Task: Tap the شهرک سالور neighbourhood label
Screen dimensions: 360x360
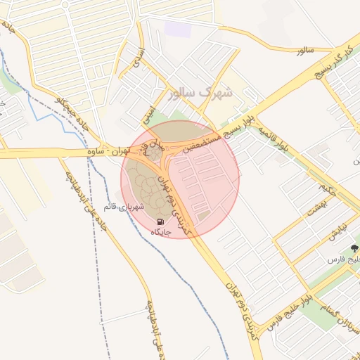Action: [x=200, y=92]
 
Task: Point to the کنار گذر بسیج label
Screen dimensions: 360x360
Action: [x=332, y=66]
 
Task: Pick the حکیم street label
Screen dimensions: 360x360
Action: [x=324, y=188]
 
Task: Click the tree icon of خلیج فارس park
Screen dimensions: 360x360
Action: [x=354, y=249]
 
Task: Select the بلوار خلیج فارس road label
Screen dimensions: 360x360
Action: [x=288, y=314]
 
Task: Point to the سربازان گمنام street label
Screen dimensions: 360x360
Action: [x=335, y=306]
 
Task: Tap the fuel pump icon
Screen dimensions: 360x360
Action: [x=156, y=221]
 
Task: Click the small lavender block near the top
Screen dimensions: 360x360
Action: [x=178, y=30]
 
